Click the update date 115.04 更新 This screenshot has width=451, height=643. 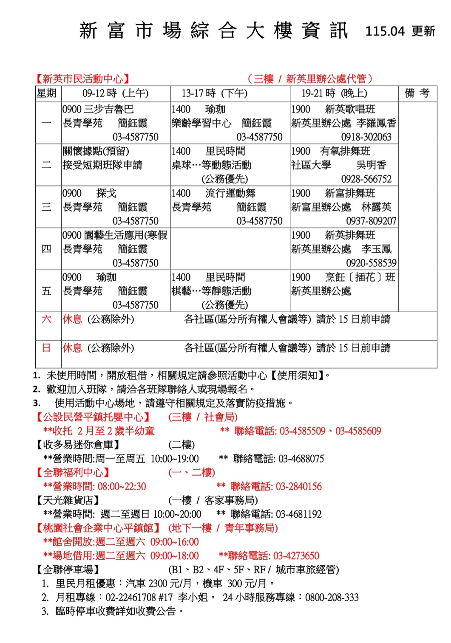click(400, 31)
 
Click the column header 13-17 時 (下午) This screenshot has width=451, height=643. click(214, 93)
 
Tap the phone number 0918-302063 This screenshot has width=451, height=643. click(366, 137)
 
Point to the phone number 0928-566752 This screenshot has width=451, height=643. click(366, 179)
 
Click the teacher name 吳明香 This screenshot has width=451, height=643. click(371, 165)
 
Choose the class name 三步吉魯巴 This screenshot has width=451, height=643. click(109, 110)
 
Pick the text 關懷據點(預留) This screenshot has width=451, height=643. click(96, 152)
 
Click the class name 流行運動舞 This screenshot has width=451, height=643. click(230, 194)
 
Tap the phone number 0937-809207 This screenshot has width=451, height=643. click(371, 221)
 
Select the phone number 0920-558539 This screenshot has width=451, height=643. click(371, 263)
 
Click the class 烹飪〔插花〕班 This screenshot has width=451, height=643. click(360, 278)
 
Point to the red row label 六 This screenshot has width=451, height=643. click(46, 319)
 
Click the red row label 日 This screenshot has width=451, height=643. click(46, 348)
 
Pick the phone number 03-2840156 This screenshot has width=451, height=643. click(298, 487)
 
